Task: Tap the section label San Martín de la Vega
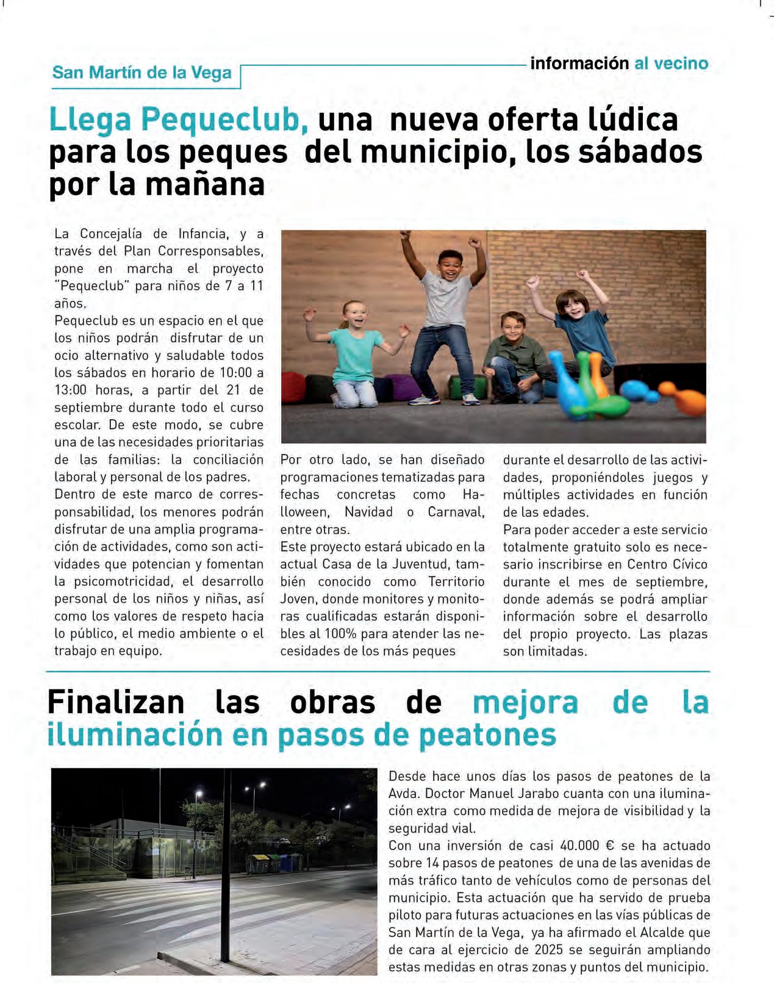[142, 73]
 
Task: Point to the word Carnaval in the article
[456, 512]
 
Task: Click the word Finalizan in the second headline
[116, 702]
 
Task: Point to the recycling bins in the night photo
[273, 863]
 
